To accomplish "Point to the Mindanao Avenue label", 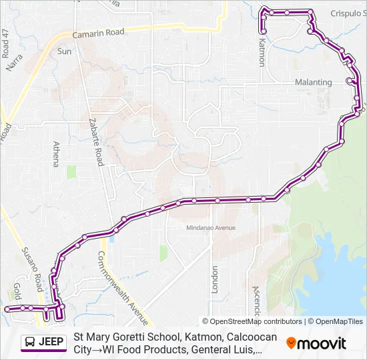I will pos(211,228).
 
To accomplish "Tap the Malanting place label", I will pos(313,83).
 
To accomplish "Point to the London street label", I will pos(215,279).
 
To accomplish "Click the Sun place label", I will pos(64,51).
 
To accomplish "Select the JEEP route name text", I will pos(51,343).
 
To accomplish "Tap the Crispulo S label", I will pos(346,13).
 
